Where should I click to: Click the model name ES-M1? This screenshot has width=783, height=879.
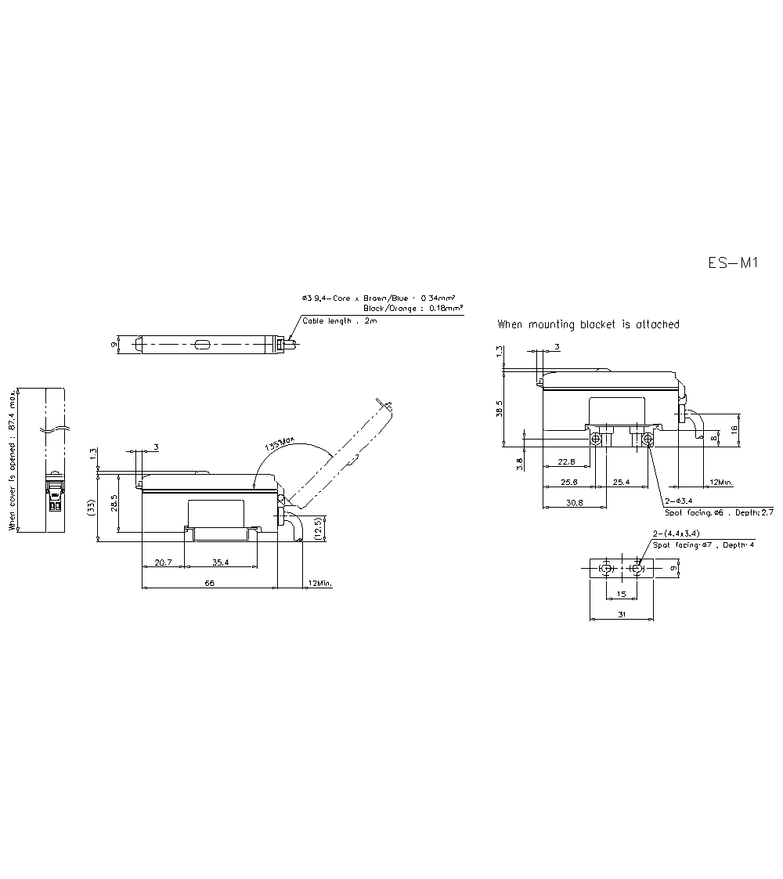pyautogui.click(x=733, y=264)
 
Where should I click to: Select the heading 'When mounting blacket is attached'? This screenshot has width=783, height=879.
pyautogui.click(x=588, y=324)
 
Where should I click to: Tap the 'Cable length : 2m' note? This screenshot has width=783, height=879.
pyautogui.click(x=340, y=321)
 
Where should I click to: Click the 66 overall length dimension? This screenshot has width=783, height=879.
pyautogui.click(x=210, y=583)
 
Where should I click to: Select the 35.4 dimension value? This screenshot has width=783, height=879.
pyautogui.click(x=220, y=562)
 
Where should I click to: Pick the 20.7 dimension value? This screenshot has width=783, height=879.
pyautogui.click(x=163, y=562)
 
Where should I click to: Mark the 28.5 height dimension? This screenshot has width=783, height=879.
pyautogui.click(x=114, y=501)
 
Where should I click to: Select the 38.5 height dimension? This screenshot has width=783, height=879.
pyautogui.click(x=500, y=408)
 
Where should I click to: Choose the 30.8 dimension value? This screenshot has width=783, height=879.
pyautogui.click(x=574, y=503)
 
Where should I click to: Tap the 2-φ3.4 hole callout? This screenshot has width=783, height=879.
pyautogui.click(x=677, y=501)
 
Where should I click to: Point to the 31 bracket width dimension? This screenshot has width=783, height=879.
pyautogui.click(x=621, y=615)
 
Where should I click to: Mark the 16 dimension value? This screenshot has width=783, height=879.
pyautogui.click(x=734, y=429)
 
